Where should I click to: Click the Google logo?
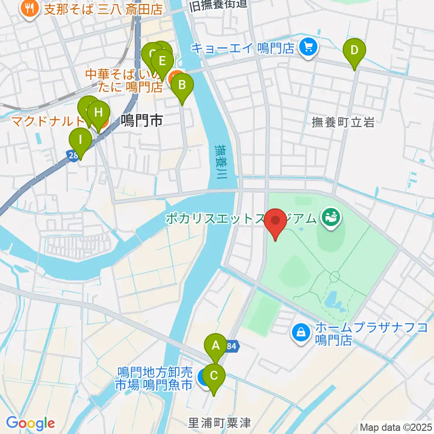click(30, 423)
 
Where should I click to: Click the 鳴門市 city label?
click(142, 120)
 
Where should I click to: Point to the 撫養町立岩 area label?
click(344, 123)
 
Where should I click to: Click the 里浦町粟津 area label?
click(219, 423)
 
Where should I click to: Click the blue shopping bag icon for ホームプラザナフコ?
click(300, 333)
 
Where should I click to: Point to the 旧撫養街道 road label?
click(219, 5)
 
